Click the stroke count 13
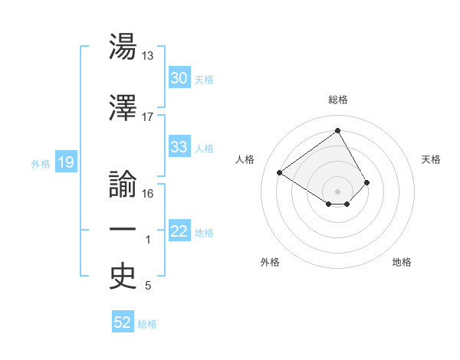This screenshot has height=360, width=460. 148,56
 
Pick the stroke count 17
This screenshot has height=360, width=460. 148,117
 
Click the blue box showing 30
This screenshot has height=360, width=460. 179,78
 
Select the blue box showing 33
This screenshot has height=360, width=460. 179,147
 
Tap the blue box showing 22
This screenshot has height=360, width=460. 179,231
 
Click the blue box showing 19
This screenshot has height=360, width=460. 65,162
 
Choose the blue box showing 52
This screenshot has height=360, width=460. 123,322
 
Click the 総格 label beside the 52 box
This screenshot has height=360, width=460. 147,324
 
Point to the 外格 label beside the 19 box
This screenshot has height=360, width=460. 40,163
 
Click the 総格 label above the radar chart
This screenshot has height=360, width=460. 337,100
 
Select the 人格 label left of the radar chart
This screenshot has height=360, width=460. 245,159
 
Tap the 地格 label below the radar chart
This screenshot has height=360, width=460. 402,262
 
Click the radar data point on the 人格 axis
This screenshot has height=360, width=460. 280,172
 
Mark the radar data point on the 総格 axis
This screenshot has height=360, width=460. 337,131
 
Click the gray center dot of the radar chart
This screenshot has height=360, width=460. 337,191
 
